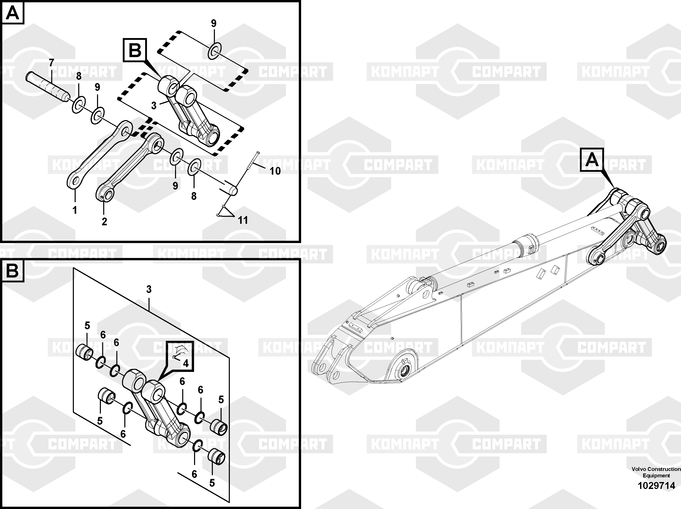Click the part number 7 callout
(51, 63)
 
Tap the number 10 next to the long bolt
(275, 171)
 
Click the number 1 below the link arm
(74, 210)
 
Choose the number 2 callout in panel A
(104, 221)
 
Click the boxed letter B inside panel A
(135, 50)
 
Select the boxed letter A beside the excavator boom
(592, 160)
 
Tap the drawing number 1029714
(656, 486)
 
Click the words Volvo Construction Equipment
(656, 472)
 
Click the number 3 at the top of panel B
(149, 289)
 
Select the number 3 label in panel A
(154, 106)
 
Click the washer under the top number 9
(215, 51)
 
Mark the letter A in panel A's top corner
(13, 13)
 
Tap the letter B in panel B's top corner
(13, 271)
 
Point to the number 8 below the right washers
(194, 196)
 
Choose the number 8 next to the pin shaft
(79, 76)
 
